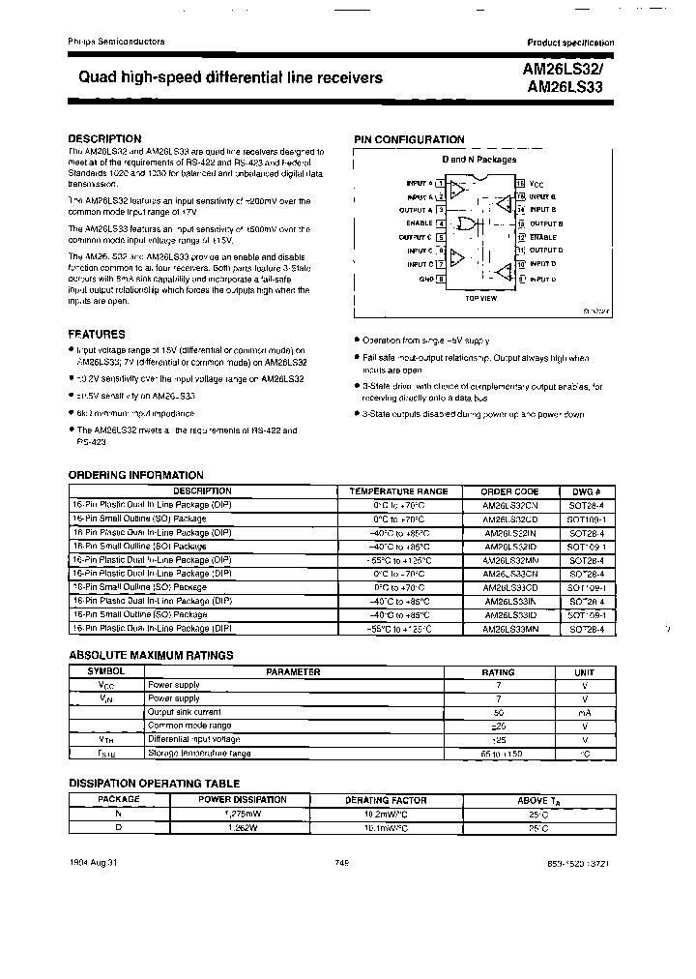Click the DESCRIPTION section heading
coord(104,138)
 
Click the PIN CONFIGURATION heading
coord(409,139)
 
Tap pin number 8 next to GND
coord(441,279)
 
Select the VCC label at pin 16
coord(536,182)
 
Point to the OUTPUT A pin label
coord(417,209)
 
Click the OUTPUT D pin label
coord(546,251)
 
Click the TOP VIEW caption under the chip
coord(480,299)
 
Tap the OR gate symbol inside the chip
coord(468,224)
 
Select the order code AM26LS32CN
coord(509,505)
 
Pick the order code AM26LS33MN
coord(509,628)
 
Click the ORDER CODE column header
coord(509,491)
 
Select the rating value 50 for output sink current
coord(498,711)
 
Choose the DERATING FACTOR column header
coord(384,800)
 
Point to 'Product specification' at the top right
coord(569,43)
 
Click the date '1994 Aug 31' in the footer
coord(93,863)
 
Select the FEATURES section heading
coord(97,333)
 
